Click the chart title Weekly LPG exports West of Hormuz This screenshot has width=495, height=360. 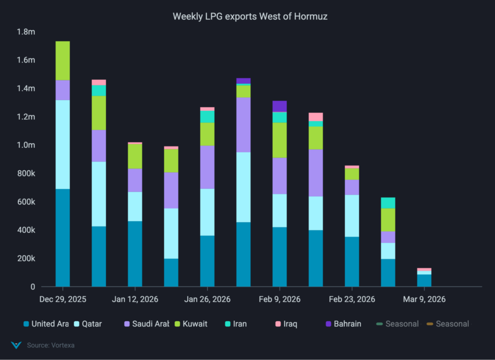(x=250, y=16)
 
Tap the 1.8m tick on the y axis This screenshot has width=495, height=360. (x=26, y=32)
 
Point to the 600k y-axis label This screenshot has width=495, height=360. (x=26, y=202)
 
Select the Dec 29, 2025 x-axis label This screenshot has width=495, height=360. (x=62, y=300)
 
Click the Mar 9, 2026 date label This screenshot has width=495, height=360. (x=424, y=300)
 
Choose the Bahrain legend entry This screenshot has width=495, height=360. (x=342, y=324)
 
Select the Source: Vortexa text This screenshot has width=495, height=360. (x=50, y=345)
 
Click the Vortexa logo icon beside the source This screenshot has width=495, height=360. (x=16, y=345)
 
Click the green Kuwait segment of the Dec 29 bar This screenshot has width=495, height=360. (x=62, y=60)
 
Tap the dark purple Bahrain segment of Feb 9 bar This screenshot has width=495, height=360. (x=279, y=106)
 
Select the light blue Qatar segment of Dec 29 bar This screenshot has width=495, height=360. (x=62, y=144)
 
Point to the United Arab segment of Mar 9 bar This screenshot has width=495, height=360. (x=424, y=281)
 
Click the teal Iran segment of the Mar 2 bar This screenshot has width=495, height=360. (x=388, y=203)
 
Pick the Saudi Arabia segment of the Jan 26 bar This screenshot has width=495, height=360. (x=207, y=167)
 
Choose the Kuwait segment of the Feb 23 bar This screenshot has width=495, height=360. (x=351, y=174)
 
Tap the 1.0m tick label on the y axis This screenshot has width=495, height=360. (x=26, y=145)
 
